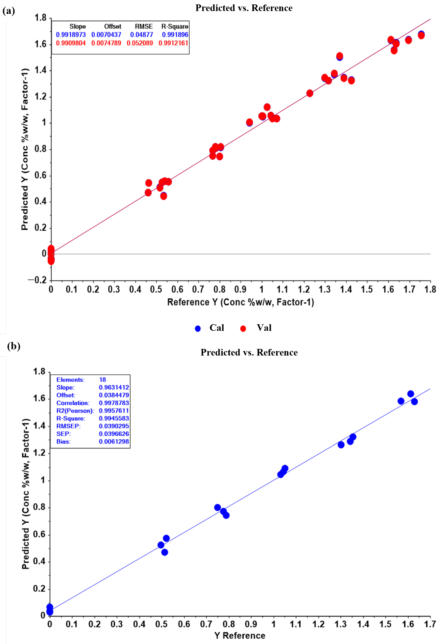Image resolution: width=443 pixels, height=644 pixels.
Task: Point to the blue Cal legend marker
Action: pyautogui.click(x=198, y=329)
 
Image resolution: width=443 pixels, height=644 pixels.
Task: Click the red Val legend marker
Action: pyautogui.click(x=243, y=329)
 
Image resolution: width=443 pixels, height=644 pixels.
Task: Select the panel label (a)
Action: pyautogui.click(x=9, y=11)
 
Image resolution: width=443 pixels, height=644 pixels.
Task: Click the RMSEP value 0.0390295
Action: pyautogui.click(x=114, y=426)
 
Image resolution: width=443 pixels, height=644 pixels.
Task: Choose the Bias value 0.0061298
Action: pyautogui.click(x=114, y=441)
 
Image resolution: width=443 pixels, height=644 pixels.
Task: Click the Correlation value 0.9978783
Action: pyautogui.click(x=114, y=403)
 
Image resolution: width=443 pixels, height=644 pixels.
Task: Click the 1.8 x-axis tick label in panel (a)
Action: pyautogui.click(x=430, y=289)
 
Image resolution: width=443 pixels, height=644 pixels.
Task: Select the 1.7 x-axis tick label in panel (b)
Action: pyautogui.click(x=430, y=624)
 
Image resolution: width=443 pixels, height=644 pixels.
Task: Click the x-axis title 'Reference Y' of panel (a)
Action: pyautogui.click(x=240, y=302)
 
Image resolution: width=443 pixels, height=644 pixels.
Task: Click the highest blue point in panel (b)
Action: pyautogui.click(x=411, y=394)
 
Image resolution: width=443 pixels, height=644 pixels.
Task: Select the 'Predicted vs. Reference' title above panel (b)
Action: pyautogui.click(x=249, y=352)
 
